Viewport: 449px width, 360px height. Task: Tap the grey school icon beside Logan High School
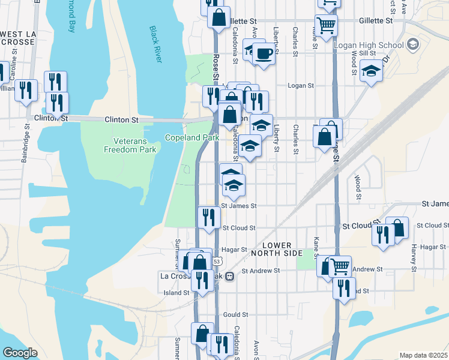click(x=412, y=44)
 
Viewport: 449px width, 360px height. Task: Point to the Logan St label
click(x=301, y=86)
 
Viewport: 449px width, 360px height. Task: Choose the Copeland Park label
click(x=192, y=137)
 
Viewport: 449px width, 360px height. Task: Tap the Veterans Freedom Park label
click(x=125, y=145)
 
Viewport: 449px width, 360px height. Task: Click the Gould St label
click(x=235, y=314)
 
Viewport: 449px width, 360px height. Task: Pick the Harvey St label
click(x=414, y=255)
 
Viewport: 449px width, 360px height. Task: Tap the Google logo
click(x=20, y=353)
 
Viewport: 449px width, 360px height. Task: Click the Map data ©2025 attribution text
click(x=423, y=356)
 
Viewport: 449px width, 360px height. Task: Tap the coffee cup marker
click(x=263, y=53)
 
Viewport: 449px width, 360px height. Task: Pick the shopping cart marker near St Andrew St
click(x=340, y=266)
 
